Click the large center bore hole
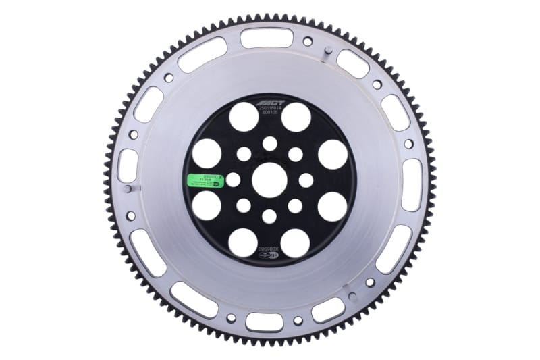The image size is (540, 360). pyautogui.click(x=269, y=180)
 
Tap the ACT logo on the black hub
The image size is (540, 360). pyautogui.click(x=269, y=103)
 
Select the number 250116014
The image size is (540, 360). pyautogui.click(x=269, y=109)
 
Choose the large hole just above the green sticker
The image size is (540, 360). pyautogui.click(x=207, y=154)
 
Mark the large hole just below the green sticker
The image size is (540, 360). pyautogui.click(x=207, y=206)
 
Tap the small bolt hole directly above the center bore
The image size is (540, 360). pyautogui.click(x=269, y=143)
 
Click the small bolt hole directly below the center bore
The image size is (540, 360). pyautogui.click(x=269, y=216)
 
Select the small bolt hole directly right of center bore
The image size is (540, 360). pyautogui.click(x=306, y=180)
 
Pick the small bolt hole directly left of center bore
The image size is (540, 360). pyautogui.click(x=233, y=180)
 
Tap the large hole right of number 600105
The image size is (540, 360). pyautogui.click(x=296, y=117)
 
